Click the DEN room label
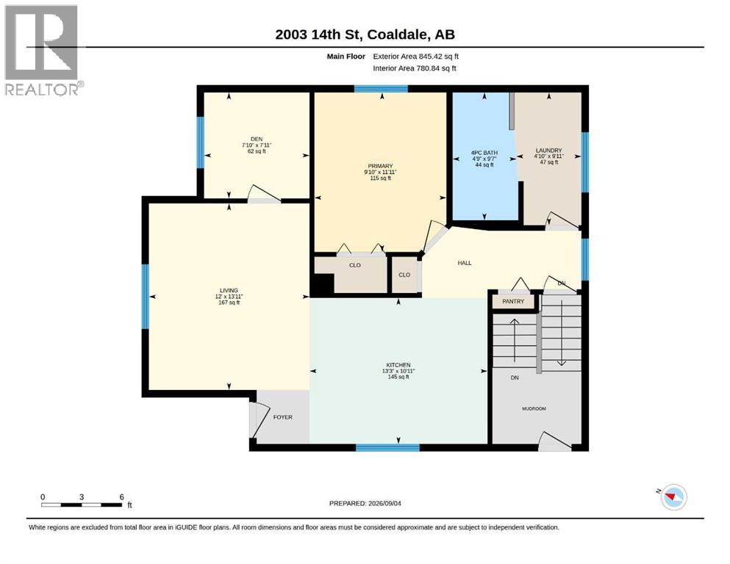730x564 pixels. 257,139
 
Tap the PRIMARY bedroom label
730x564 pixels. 380,166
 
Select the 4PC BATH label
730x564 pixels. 484,153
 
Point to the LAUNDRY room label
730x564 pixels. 549,151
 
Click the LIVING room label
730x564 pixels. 229,291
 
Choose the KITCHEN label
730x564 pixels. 398,365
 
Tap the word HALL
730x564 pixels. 464,263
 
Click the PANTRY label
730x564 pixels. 513,301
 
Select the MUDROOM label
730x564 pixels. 534,409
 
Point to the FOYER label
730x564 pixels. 282,417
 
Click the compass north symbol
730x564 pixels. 673,497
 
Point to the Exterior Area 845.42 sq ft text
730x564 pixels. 416,57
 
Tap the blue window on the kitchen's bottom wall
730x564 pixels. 388,447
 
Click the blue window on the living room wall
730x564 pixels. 146,297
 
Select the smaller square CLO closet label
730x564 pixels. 404,275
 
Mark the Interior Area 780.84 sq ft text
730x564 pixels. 415,68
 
